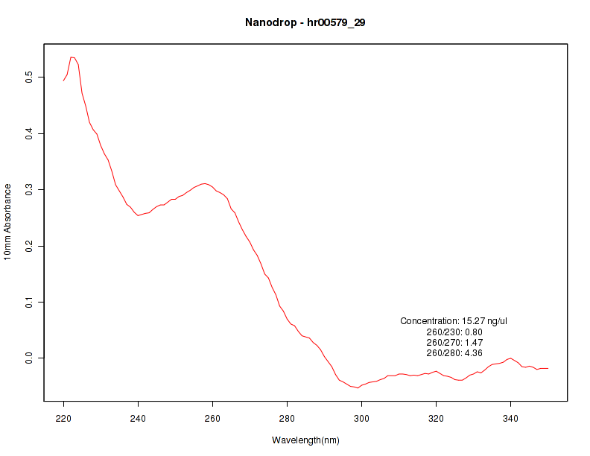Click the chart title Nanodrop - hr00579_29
pos(305,22)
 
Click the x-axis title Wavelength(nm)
pos(305,440)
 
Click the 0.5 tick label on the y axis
pos(29,77)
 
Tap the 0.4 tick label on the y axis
pos(29,133)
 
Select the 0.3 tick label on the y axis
pos(29,189)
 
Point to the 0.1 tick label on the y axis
pos(29,302)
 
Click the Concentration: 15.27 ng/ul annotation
pos(454,321)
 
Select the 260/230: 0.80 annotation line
pos(454,332)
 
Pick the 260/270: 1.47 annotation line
pos(454,342)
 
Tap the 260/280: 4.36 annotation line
pos(454,352)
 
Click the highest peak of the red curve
pos(72,57)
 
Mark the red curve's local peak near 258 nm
pos(204,183)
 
